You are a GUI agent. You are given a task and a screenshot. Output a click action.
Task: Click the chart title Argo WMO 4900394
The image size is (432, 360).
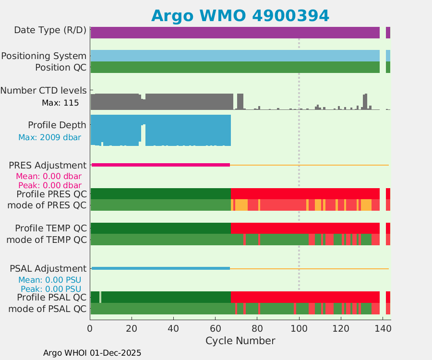point(240,15)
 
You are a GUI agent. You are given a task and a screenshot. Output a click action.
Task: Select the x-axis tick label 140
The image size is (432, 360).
point(383,329)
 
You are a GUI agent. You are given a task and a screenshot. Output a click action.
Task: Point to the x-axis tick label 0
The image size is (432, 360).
point(90,329)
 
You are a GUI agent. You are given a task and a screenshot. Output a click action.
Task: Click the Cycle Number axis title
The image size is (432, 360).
point(240,341)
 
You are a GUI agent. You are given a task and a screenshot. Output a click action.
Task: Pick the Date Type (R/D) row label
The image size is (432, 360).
point(50,30)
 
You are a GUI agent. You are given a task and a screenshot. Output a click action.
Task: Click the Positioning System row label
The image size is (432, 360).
point(44,56)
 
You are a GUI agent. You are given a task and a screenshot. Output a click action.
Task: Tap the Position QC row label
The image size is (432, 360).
point(60,68)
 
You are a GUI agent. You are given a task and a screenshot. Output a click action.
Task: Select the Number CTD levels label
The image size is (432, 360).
point(44,90)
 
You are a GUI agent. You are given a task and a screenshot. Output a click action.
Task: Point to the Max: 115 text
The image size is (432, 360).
point(60,103)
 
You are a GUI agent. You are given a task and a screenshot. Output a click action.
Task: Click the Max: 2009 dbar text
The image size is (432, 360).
point(49,138)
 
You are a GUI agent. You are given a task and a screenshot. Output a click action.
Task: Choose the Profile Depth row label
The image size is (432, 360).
point(57,125)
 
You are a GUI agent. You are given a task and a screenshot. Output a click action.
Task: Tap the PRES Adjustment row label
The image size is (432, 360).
point(48,166)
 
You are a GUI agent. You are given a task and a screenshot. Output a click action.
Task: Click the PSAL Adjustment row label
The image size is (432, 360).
point(48,269)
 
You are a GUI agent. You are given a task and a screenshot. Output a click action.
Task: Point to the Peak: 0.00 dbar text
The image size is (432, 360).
point(49,185)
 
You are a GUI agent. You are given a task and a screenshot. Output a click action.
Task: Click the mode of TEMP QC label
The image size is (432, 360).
point(47,240)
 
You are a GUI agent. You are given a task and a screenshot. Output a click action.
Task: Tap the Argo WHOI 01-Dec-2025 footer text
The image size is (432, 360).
point(92,353)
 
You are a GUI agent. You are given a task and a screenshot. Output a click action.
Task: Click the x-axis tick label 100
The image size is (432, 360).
point(299,329)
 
